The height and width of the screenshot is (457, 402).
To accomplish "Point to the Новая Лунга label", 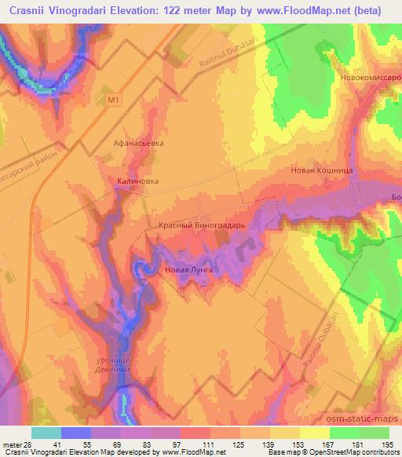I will coord(189,270).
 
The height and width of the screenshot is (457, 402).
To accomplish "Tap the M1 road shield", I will coord(113,100).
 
